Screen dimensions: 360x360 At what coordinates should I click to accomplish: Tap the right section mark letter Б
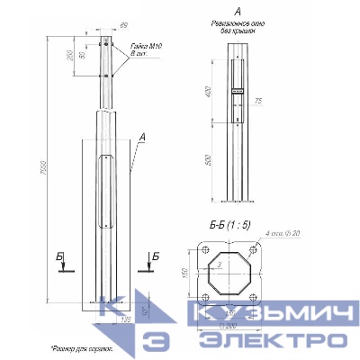pos(155,257)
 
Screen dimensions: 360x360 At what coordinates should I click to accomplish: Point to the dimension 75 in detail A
pos(258,102)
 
